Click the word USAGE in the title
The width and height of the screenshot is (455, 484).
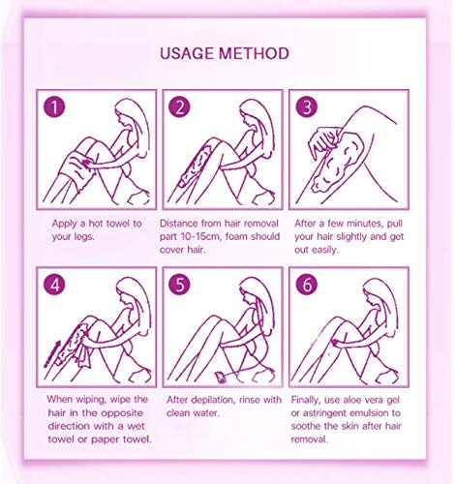[187, 53]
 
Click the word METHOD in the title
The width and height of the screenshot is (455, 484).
[254, 53]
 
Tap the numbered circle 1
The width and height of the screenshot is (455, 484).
[54, 106]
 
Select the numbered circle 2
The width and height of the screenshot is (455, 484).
[179, 106]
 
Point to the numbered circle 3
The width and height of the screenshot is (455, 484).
[306, 106]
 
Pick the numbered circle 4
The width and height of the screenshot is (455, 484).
[54, 285]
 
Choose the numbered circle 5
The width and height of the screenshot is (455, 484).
[179, 285]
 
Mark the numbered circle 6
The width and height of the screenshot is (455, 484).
[306, 285]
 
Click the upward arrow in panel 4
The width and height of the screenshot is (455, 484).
[52, 354]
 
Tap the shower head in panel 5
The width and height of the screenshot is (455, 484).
[222, 377]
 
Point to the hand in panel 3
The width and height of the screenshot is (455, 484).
[323, 140]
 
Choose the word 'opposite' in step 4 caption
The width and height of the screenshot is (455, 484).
[122, 413]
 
